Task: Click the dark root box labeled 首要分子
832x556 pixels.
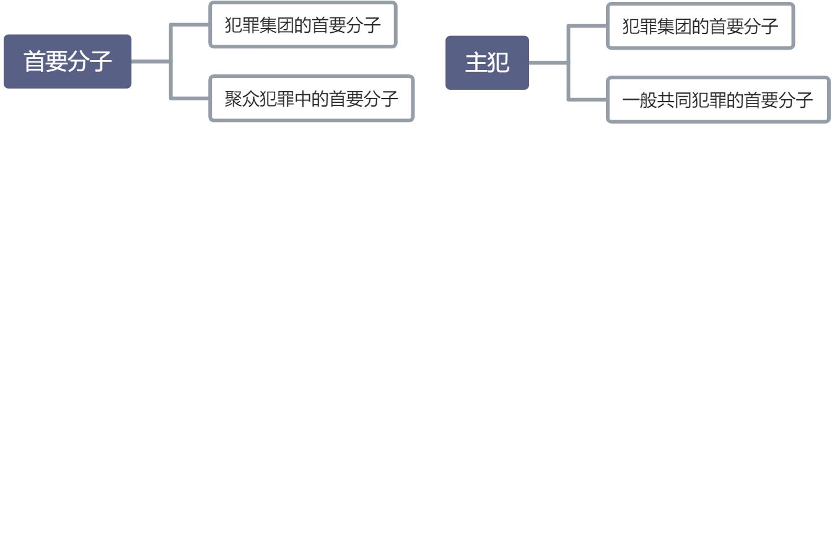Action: click(68, 61)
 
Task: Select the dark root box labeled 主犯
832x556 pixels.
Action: click(487, 63)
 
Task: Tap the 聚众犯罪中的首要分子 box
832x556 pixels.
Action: click(311, 99)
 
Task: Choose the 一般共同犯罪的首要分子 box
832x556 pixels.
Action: click(717, 100)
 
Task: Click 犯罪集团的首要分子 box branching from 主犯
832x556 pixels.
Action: click(700, 26)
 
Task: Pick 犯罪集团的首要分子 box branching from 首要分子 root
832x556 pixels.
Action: click(302, 25)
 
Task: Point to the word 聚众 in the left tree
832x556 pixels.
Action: click(242, 99)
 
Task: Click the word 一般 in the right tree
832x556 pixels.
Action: click(639, 100)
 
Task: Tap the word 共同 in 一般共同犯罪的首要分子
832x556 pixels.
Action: click(674, 100)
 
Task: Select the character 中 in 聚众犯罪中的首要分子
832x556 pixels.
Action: click(302, 99)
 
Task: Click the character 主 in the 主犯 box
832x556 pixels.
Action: click(476, 63)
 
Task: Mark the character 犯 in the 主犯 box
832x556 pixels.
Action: click(498, 63)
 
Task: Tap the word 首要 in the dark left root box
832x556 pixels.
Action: click(46, 61)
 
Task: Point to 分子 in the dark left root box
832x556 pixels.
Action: click(90, 61)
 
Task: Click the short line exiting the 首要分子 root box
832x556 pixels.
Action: click(151, 61)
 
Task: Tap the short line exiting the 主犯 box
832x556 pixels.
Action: click(548, 63)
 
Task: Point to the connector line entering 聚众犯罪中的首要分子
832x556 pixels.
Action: click(190, 98)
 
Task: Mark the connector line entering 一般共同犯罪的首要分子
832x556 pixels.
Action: click(587, 99)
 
